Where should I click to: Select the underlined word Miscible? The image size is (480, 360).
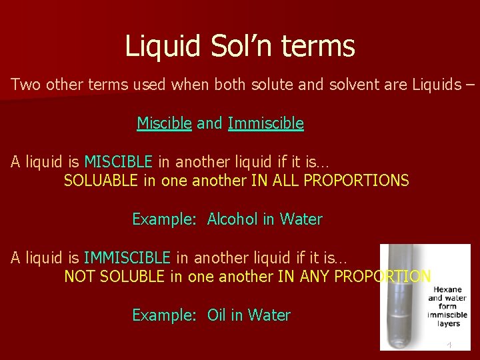(x=164, y=123)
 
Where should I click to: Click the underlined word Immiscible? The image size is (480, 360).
(x=265, y=123)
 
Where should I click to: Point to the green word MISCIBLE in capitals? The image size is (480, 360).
(x=118, y=162)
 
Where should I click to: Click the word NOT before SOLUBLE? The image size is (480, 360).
(x=78, y=277)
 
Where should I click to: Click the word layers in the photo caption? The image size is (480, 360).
(x=448, y=323)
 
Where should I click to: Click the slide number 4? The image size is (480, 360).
(x=449, y=345)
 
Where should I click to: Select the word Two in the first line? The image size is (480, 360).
(x=25, y=85)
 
